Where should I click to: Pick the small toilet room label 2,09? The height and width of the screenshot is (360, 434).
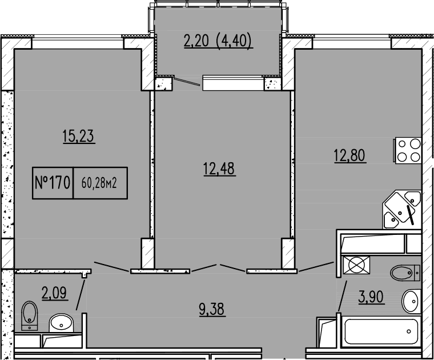(55, 293)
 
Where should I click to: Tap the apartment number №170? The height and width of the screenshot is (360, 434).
(53, 183)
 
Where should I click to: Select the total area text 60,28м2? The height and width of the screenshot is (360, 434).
(99, 183)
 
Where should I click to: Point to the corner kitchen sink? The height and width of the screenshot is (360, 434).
(403, 209)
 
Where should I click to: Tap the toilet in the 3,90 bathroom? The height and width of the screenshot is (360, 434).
(405, 273)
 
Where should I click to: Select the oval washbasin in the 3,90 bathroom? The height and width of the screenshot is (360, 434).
(411, 301)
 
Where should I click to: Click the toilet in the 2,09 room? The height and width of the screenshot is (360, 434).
(29, 315)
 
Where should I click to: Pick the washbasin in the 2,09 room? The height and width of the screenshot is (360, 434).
(61, 323)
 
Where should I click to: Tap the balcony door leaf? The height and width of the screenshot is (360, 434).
(187, 82)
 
